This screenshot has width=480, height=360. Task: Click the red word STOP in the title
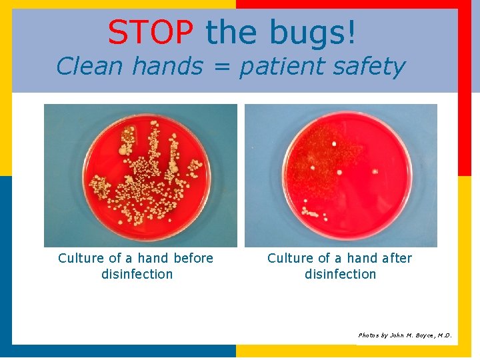(x=150, y=32)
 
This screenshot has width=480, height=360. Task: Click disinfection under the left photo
(x=137, y=274)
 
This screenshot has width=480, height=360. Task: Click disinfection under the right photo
(x=340, y=274)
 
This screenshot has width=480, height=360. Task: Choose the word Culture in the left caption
(x=81, y=258)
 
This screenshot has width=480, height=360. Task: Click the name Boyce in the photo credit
(x=419, y=335)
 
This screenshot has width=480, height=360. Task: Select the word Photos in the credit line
(x=368, y=335)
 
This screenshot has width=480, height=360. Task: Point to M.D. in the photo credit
(x=443, y=335)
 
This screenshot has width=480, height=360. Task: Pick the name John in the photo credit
(x=394, y=335)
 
